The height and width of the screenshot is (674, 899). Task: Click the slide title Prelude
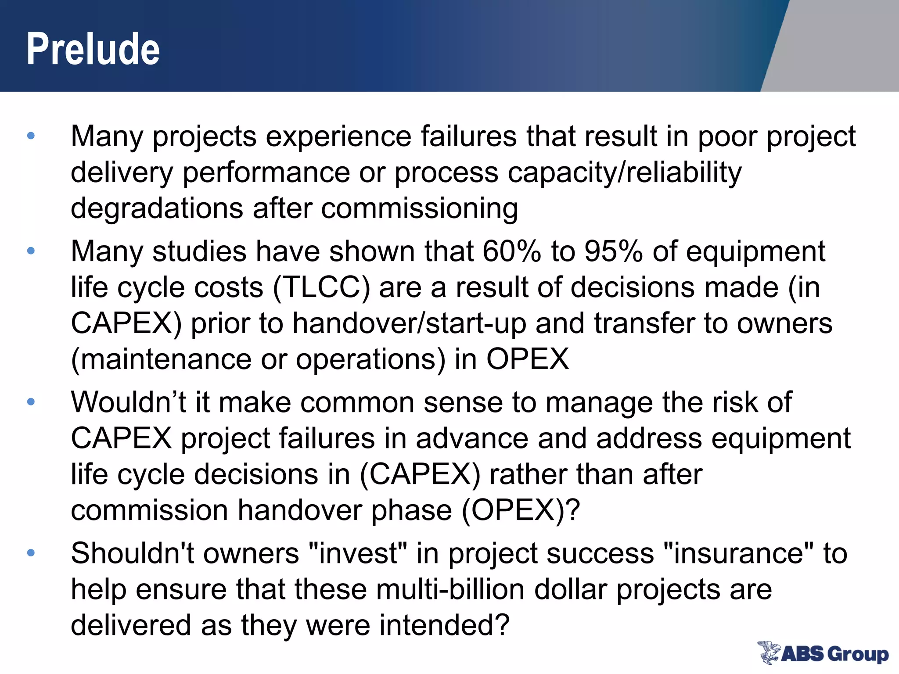[x=93, y=49]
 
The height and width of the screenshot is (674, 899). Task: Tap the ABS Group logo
[x=823, y=653]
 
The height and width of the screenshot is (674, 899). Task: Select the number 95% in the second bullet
[x=614, y=251]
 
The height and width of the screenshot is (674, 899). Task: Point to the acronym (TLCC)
[x=321, y=288]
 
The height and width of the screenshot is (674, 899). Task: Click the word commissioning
[x=420, y=208]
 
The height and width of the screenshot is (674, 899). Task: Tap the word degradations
[x=157, y=208]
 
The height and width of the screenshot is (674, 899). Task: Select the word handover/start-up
[x=409, y=324]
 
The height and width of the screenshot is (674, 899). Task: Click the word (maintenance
[x=161, y=360]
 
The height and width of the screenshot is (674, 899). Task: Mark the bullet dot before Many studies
[x=31, y=251]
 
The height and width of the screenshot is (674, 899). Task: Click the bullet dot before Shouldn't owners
[x=31, y=553]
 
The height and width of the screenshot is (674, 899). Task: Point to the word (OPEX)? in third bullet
[x=521, y=511]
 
